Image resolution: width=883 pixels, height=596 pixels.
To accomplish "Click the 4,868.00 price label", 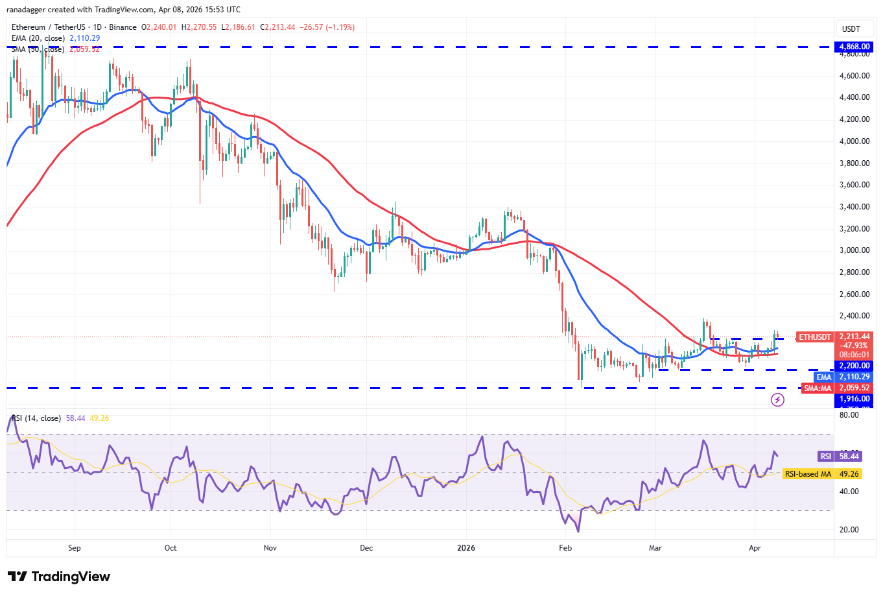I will coord(854,47).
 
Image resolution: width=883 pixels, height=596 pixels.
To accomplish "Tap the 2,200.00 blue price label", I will coord(854,366).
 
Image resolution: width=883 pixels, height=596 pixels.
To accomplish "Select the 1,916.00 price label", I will coord(854,399).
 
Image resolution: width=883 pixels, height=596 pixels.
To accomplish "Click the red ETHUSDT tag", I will coord(814,337).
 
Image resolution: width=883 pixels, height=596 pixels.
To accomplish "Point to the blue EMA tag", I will coord(823,377).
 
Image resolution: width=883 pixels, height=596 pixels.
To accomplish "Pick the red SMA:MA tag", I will coord(818,388).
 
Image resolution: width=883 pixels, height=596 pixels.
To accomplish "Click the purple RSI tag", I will coord(825,457).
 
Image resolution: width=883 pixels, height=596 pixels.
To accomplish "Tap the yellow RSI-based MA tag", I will coord(808,474).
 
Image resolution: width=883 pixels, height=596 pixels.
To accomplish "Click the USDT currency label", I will coord(851,29).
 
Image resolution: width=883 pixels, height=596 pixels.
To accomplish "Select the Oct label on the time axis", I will coord(171,548).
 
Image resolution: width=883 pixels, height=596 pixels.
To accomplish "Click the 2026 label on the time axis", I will coord(465,548).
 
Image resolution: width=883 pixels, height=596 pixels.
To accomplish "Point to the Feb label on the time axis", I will coord(565,548).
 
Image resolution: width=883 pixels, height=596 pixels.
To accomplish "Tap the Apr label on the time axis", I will coord(755,548).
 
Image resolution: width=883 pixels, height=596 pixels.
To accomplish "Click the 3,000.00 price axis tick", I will coord(854,250).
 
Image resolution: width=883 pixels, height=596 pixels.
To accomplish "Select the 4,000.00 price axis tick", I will coord(854,141).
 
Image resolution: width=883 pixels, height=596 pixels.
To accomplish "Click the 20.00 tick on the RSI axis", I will coord(849,529).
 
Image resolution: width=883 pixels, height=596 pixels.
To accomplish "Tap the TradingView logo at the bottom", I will coord(59,577).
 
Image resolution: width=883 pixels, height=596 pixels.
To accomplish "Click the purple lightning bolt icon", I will coord(777,399).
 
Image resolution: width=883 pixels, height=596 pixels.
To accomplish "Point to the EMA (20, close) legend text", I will coord(38,38).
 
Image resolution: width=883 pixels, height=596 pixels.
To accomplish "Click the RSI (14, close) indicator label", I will coord(36,418).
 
